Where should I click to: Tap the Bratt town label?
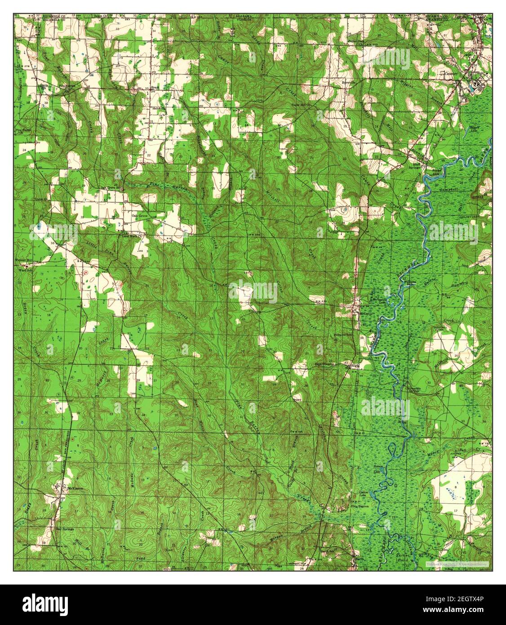[155, 88]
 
